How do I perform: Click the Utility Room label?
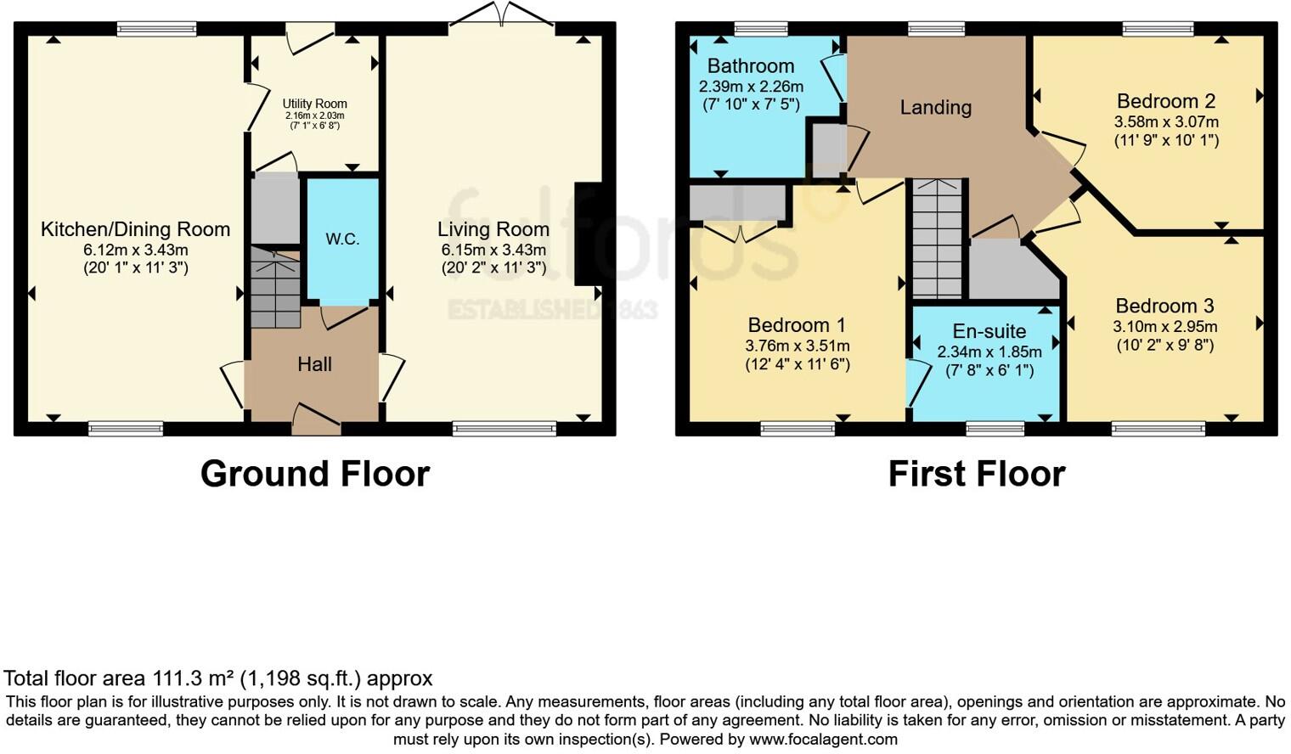click(314, 104)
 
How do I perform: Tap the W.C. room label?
click(342, 239)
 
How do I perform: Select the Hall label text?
click(314, 364)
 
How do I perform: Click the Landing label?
click(935, 108)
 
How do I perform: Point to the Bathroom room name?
click(750, 66)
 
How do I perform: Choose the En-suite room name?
click(989, 331)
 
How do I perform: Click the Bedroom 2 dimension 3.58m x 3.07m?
click(1166, 121)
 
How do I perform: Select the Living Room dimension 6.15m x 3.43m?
click(493, 250)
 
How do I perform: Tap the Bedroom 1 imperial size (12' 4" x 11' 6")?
click(797, 364)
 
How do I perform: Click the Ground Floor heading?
click(314, 474)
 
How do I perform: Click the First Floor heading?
click(976, 474)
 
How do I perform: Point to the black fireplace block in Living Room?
click(588, 234)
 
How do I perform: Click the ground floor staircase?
click(274, 287)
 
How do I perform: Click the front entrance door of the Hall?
click(316, 419)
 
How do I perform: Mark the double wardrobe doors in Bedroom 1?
click(741, 232)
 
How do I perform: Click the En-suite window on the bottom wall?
click(995, 429)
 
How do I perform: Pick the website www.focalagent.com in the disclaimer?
click(823, 740)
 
